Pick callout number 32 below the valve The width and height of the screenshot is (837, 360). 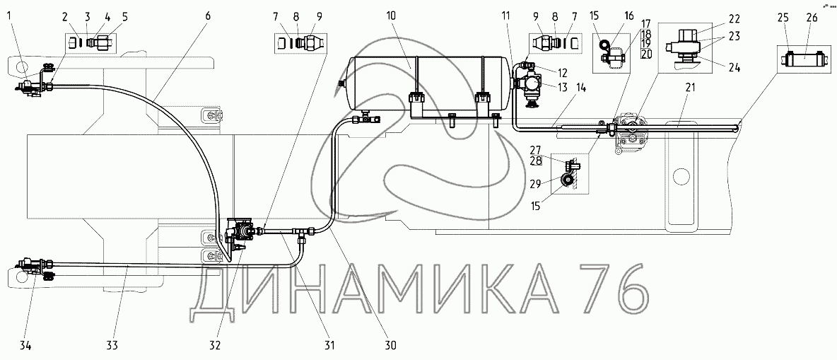[x=216, y=345]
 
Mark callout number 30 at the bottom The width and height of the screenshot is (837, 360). [x=390, y=345]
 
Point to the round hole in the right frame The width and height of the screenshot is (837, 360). [x=681, y=175]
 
